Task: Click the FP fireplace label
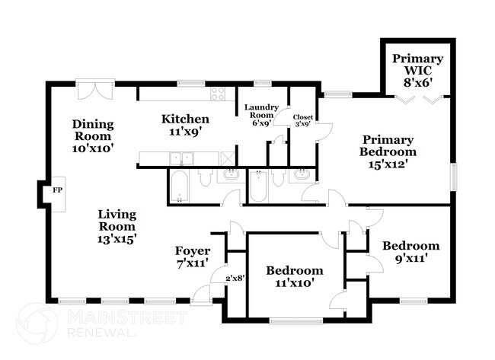pos(56,191)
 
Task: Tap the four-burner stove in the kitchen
pos(218,94)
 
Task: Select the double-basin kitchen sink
pos(180,158)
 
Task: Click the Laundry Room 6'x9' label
pos(261,116)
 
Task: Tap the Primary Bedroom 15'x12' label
pos(388,151)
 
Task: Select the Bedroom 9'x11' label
pos(410,251)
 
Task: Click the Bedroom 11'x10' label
pos(294,276)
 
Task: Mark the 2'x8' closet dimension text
pos(234,279)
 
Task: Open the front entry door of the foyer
pos(203,295)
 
